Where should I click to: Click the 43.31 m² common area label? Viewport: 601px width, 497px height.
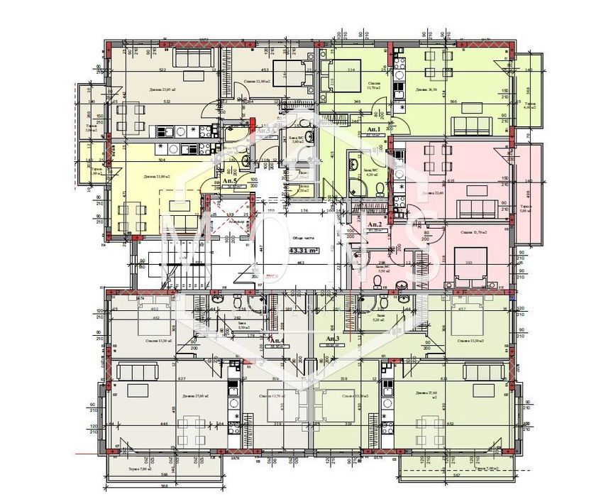click(303, 250)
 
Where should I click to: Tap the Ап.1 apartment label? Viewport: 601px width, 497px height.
click(374, 130)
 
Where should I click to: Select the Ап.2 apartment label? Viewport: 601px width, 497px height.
click(374, 224)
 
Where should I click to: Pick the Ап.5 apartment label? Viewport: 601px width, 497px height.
click(228, 182)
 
